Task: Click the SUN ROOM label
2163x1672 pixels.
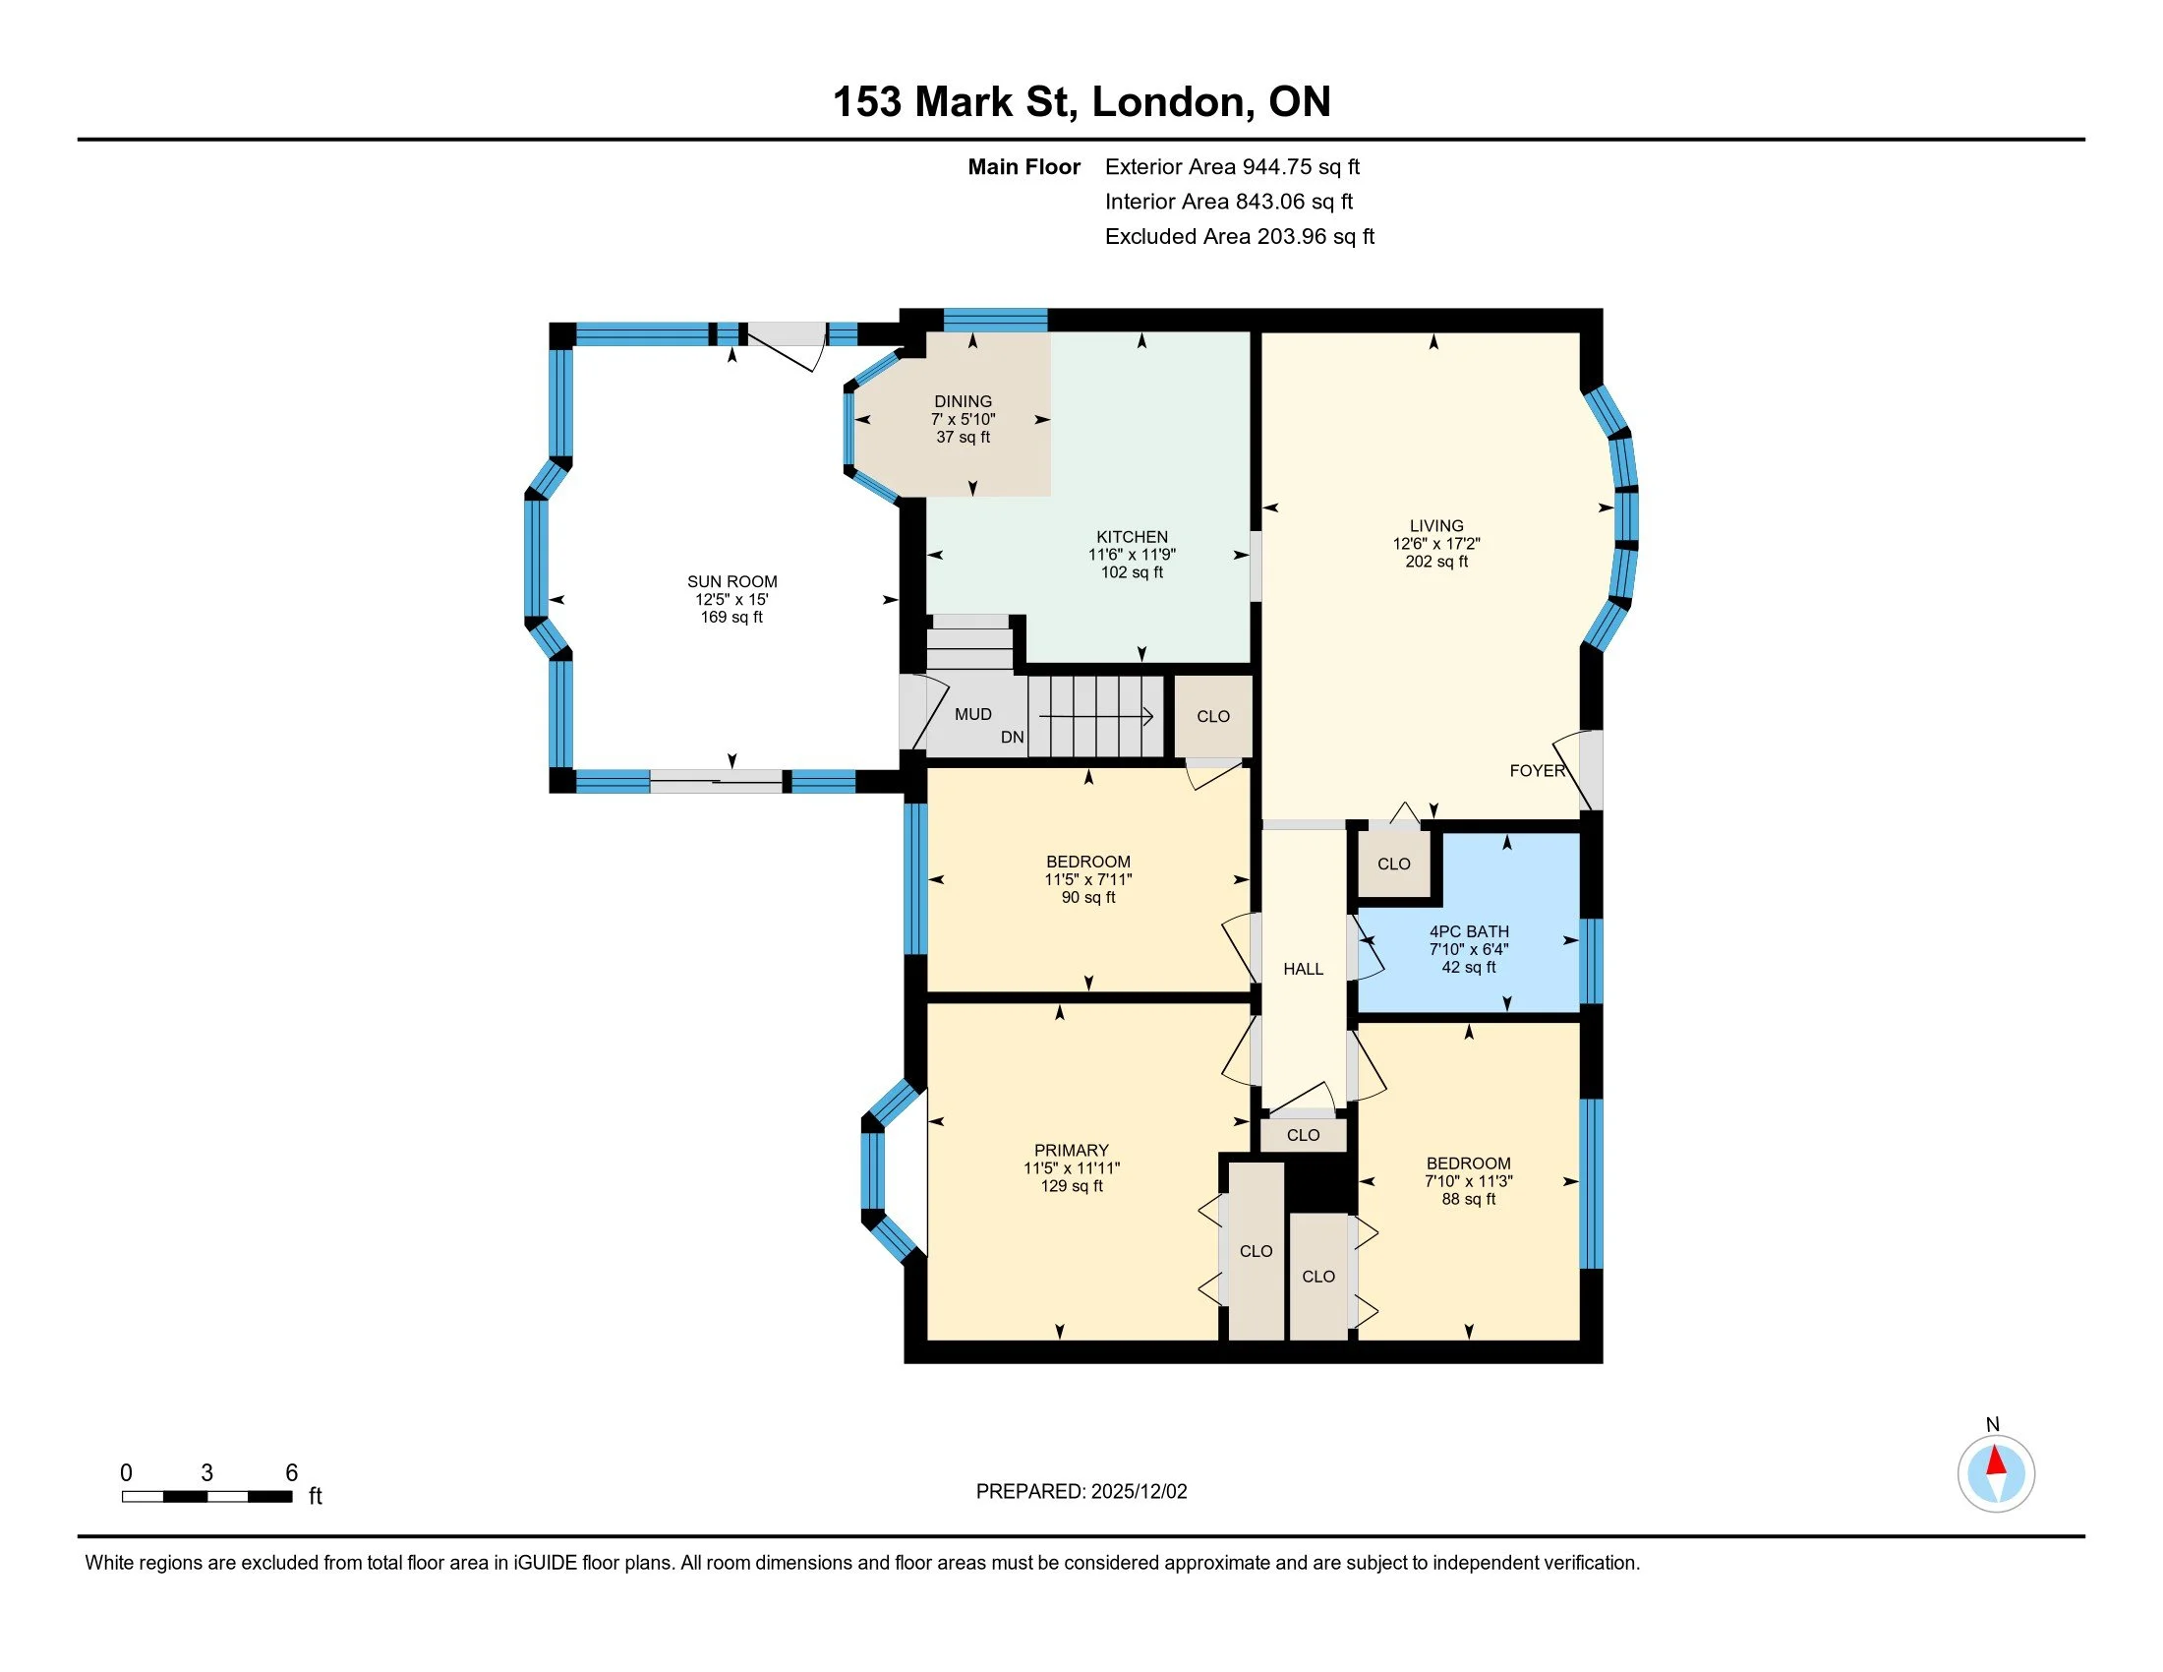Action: pyautogui.click(x=731, y=581)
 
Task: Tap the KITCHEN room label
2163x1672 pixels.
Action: pyautogui.click(x=1132, y=537)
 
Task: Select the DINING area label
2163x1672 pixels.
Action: pyautogui.click(x=963, y=401)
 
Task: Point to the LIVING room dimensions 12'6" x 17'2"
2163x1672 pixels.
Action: pyautogui.click(x=1436, y=544)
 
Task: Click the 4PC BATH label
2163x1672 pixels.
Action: pyautogui.click(x=1469, y=931)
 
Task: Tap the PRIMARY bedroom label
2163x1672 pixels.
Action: pyautogui.click(x=1072, y=1150)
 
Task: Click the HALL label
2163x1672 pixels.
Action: pyautogui.click(x=1304, y=969)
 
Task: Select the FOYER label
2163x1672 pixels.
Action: pyautogui.click(x=1537, y=771)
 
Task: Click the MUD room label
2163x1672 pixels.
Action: pyautogui.click(x=972, y=714)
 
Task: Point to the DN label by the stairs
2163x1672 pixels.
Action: pyautogui.click(x=1012, y=737)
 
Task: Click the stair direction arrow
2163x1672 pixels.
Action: pyautogui.click(x=1096, y=715)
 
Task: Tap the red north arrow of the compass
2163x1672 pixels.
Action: pyautogui.click(x=1996, y=1461)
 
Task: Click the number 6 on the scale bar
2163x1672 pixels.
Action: pyautogui.click(x=291, y=1473)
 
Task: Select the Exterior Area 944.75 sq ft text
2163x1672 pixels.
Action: pyautogui.click(x=1232, y=167)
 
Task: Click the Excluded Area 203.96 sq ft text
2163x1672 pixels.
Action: pyautogui.click(x=1240, y=237)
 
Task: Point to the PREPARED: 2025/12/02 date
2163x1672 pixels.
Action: pyautogui.click(x=1081, y=1492)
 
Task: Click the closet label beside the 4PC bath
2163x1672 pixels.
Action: pyautogui.click(x=1393, y=864)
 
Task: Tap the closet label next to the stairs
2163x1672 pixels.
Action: pyautogui.click(x=1213, y=716)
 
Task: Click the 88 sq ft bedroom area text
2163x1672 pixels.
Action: pyautogui.click(x=1469, y=1199)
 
